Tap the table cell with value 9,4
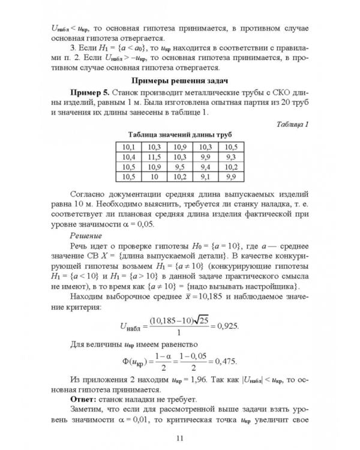(206, 167)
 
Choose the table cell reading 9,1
(206, 177)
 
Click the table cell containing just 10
(154, 177)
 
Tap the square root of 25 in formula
(194, 320)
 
